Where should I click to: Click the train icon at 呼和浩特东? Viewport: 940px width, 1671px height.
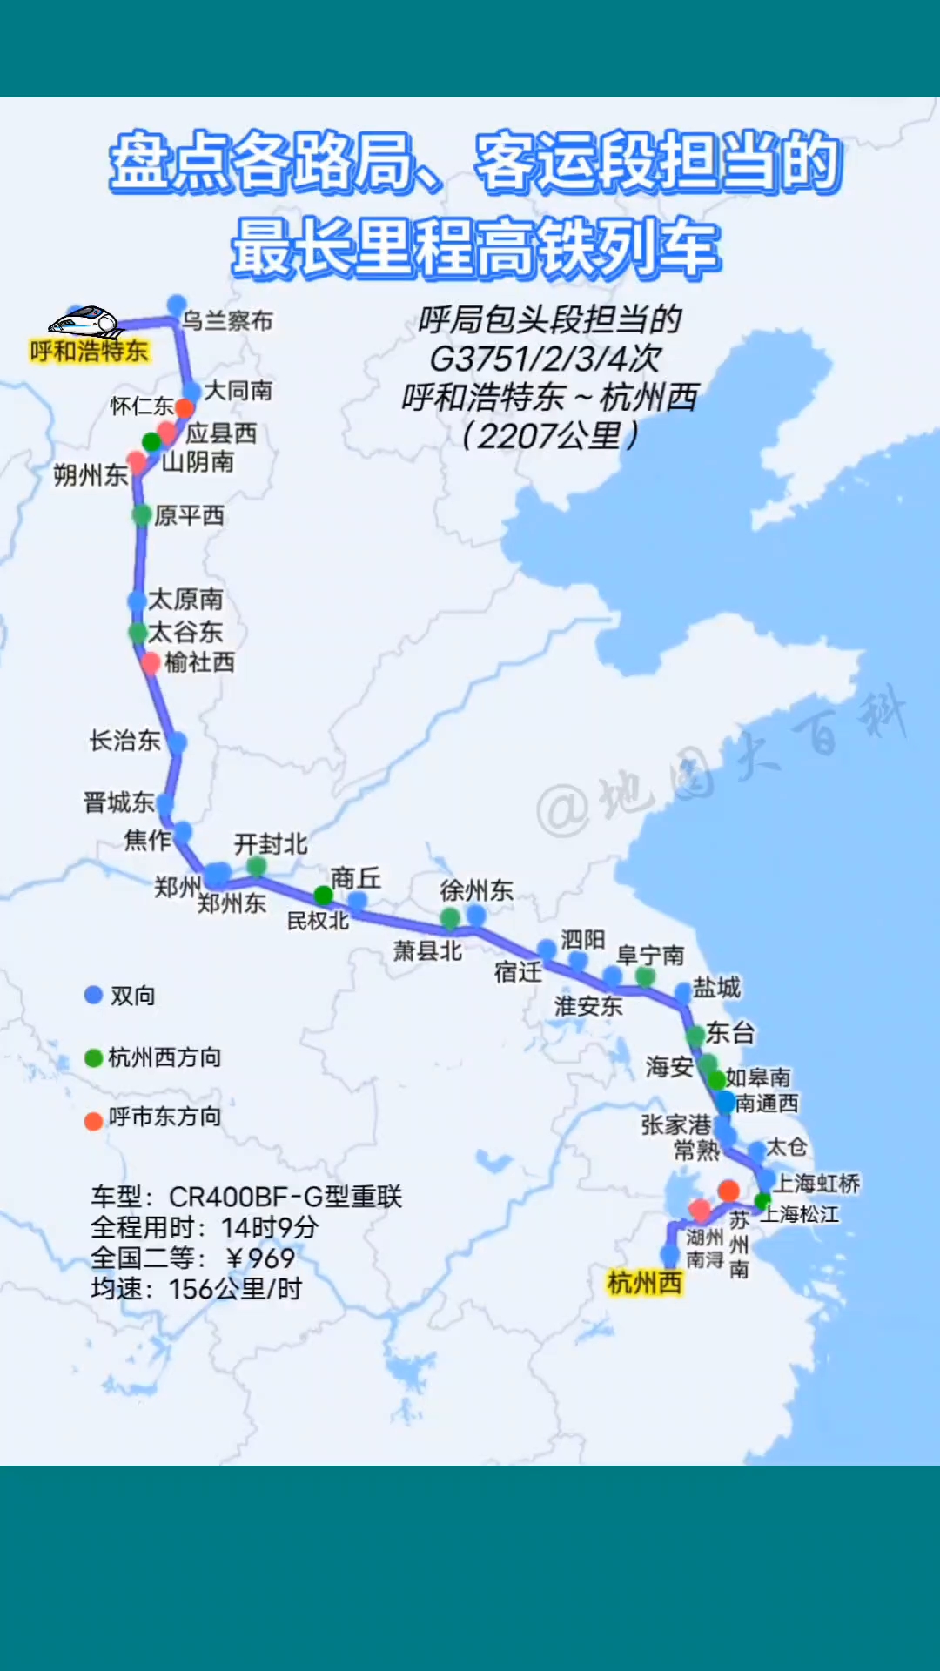[x=84, y=322]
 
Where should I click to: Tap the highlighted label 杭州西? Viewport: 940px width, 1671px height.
[x=644, y=1282]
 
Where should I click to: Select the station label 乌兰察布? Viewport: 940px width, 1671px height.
[x=227, y=321]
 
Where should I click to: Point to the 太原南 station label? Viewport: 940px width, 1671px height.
[x=185, y=599]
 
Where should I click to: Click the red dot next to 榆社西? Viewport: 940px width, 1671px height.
[x=151, y=663]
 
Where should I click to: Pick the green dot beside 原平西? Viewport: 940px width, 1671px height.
[x=142, y=515]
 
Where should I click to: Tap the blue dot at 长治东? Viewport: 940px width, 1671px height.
[x=177, y=742]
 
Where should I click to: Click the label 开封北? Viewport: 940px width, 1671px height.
[x=271, y=843]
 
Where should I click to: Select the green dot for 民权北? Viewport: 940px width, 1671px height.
[x=323, y=895]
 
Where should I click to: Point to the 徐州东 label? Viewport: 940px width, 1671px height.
[x=476, y=890]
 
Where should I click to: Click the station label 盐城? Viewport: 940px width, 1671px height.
[x=716, y=987]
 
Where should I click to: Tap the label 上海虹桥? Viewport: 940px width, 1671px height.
[x=816, y=1183]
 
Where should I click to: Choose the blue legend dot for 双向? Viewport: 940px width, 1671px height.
[x=93, y=996]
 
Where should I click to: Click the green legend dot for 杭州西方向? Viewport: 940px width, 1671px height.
[x=93, y=1057]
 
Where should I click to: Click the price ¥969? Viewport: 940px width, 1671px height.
[x=260, y=1258]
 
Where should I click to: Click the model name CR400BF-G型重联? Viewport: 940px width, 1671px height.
[x=285, y=1197]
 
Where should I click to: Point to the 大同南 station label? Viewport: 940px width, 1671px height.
[x=238, y=391]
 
